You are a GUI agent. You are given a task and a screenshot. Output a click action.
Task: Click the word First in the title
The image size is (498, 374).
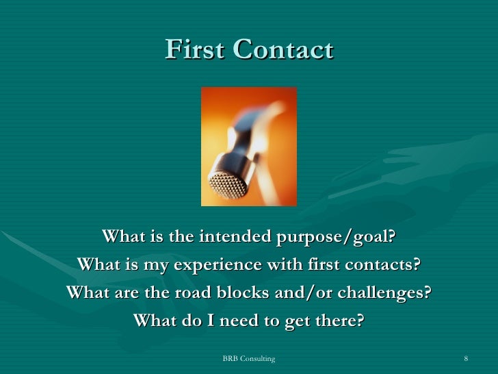coord(194,49)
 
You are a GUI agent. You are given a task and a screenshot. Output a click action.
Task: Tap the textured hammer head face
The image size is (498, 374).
coord(226,183)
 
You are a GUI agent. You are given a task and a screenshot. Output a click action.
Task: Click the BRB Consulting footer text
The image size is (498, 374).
coord(249,359)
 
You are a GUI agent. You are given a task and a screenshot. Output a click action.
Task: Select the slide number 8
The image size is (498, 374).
coord(465,359)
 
